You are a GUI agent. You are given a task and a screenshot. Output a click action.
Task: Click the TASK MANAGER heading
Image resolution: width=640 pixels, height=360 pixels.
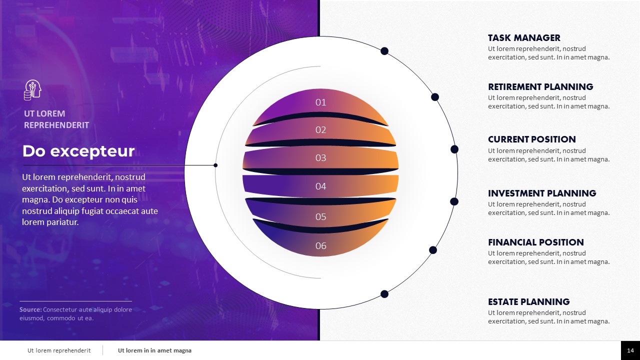[524, 37]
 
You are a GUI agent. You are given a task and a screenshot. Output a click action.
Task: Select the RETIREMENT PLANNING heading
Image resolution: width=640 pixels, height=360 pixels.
[540, 86]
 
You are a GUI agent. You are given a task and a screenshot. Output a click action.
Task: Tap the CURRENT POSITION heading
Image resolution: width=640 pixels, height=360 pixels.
[531, 139]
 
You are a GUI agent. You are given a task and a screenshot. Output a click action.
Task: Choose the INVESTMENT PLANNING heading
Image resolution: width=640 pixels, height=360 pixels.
[542, 193]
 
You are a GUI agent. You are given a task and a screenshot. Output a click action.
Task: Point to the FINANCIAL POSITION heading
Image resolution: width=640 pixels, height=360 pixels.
[535, 242]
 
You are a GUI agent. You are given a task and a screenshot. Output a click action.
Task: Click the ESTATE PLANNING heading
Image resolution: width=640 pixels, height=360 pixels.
[528, 301]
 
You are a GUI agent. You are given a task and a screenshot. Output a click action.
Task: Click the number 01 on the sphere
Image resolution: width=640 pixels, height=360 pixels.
[320, 102]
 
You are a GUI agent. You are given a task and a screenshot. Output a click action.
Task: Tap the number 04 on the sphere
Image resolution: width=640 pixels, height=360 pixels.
[320, 186]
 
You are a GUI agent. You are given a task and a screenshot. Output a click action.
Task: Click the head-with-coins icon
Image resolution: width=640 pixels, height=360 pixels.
[32, 90]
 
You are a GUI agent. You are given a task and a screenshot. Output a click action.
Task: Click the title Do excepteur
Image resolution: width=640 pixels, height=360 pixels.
[78, 151]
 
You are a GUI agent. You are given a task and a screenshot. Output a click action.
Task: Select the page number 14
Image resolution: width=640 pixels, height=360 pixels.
[630, 350]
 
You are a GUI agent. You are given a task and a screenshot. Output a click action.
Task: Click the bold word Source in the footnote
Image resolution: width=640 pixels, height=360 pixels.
[30, 309]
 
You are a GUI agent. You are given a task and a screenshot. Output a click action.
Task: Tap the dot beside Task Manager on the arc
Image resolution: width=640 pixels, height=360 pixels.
[384, 51]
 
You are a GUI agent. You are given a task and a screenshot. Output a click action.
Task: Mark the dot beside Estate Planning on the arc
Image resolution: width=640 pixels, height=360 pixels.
[384, 294]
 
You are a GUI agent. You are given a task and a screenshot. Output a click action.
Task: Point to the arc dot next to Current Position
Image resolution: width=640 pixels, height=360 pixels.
[454, 149]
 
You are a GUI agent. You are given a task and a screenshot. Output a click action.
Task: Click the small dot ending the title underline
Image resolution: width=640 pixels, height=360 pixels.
[215, 165]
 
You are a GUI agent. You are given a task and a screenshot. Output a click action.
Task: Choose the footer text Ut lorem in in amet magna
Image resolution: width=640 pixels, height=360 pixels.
[154, 350]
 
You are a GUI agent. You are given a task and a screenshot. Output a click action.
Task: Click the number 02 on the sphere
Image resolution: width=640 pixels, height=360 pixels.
[320, 130]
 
